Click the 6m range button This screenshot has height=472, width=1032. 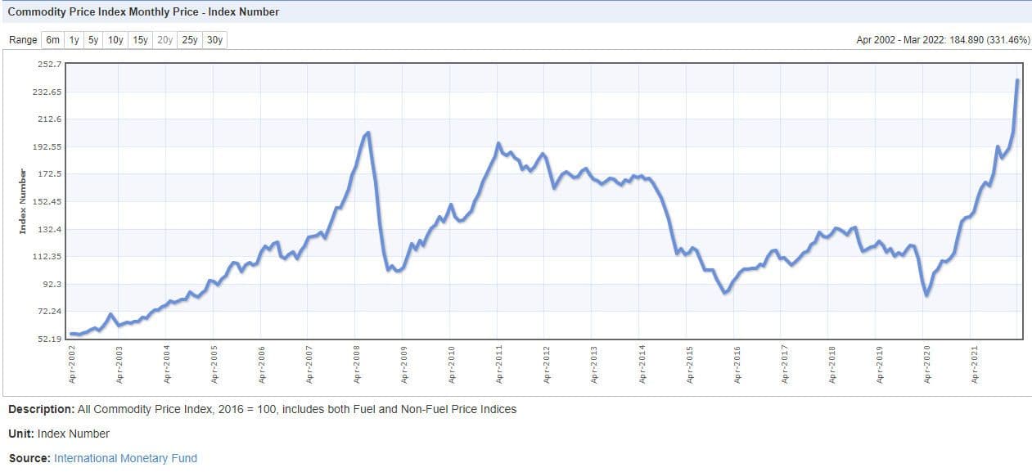[x=52, y=40]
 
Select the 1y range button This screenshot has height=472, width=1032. [x=74, y=40]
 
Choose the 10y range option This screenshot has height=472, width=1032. [x=115, y=40]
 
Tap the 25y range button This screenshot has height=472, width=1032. [x=190, y=40]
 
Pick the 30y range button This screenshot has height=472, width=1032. [x=214, y=40]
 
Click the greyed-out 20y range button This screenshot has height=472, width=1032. [x=164, y=40]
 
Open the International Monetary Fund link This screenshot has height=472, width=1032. [x=125, y=458]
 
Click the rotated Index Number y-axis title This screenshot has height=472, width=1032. [x=24, y=201]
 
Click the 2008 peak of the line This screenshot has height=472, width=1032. [x=368, y=133]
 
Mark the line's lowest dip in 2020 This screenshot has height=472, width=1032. [x=926, y=294]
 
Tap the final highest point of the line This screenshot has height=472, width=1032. [x=1017, y=80]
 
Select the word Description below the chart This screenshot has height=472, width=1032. [x=41, y=409]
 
